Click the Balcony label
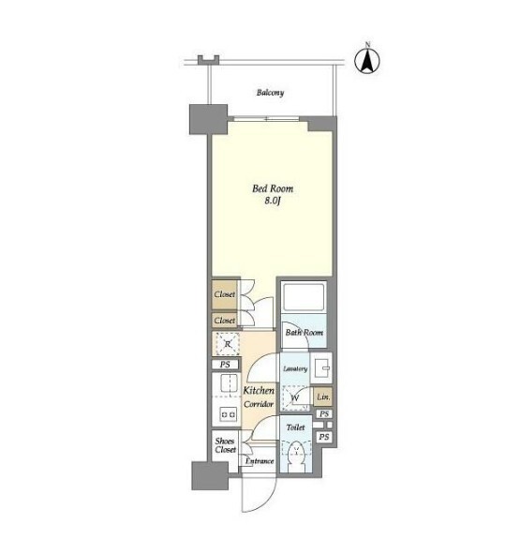[270, 93]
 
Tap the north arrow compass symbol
[367, 60]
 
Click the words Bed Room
[273, 188]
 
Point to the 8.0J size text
[273, 201]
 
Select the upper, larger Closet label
[224, 294]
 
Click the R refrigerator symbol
[228, 343]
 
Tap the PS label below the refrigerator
[225, 365]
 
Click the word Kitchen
[259, 390]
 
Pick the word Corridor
[259, 404]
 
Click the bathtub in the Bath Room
[304, 296]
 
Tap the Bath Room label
[305, 333]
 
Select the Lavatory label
[295, 368]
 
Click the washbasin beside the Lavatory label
[321, 368]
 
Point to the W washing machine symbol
[295, 398]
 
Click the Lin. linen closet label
[323, 397]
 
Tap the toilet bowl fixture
[297, 455]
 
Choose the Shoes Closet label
[225, 445]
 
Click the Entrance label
[260, 461]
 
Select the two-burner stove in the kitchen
[228, 413]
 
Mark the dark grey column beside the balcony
[208, 119]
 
